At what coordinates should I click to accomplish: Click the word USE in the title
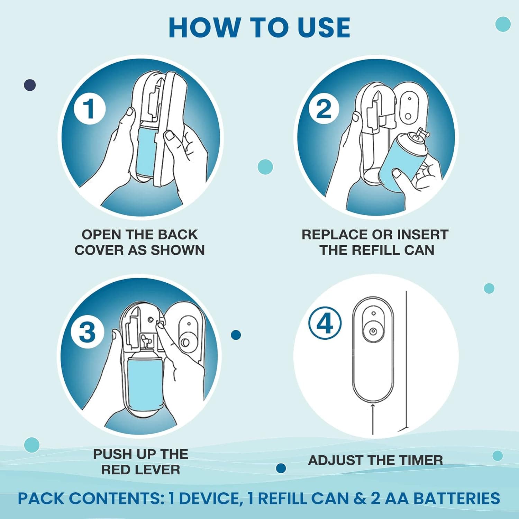(324, 28)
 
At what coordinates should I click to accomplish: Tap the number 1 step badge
(90, 109)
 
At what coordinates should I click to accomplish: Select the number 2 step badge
(324, 109)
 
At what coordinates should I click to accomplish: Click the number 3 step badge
(87, 332)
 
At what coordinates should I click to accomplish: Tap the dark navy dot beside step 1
(30, 85)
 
